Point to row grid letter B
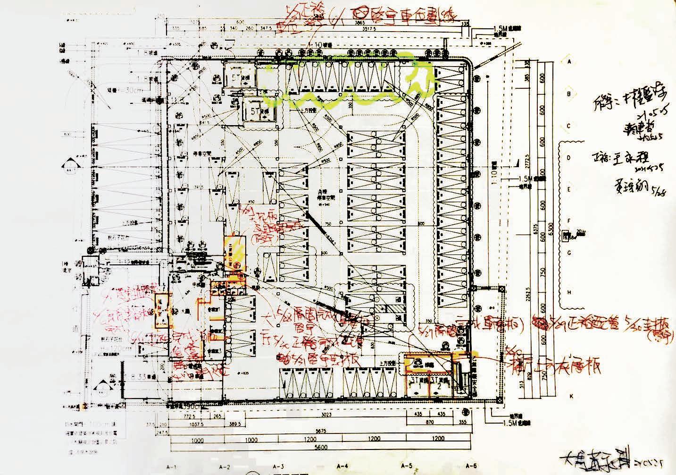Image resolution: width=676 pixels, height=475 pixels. point(569,93)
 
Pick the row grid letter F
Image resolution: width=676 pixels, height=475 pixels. point(569,220)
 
